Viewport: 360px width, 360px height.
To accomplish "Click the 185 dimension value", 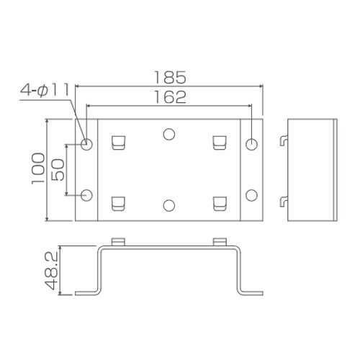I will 170,76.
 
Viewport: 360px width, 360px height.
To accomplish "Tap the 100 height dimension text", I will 37,169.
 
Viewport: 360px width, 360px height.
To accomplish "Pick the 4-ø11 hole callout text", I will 44,90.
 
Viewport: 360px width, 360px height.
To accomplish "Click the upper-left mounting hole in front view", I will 87,144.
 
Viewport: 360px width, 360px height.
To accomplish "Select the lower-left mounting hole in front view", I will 87,194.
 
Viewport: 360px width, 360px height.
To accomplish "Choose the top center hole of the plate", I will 169,134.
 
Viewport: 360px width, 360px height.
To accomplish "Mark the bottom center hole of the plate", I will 169,206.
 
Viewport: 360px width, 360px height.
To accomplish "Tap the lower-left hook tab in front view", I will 119,204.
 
